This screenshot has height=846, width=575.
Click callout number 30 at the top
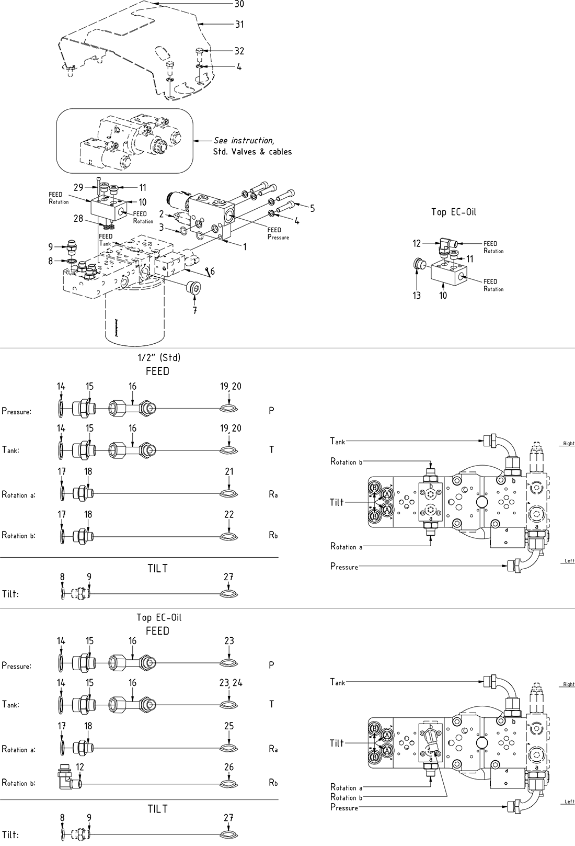[239, 4]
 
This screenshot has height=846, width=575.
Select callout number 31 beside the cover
[239, 24]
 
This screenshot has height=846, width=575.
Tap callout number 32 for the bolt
[239, 51]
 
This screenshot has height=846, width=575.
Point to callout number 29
[78, 187]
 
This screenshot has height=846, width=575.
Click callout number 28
[78, 218]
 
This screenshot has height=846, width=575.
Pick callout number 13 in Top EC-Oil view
[417, 296]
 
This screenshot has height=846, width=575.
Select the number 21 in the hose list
[229, 471]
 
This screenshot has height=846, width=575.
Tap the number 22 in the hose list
[229, 514]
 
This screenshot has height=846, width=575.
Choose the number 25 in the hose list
[229, 726]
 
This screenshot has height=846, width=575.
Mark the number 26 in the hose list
[229, 767]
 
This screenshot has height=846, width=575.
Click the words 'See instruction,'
[244, 140]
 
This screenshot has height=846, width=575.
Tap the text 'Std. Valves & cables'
[252, 152]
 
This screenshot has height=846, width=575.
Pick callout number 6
[212, 271]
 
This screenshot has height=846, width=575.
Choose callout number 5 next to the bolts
[312, 208]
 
